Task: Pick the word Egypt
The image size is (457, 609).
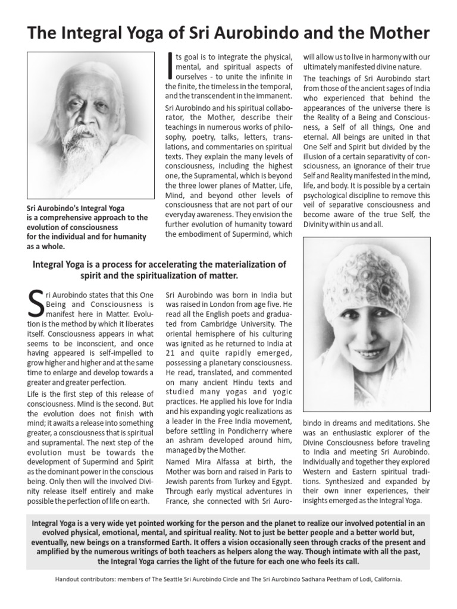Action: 279,481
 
